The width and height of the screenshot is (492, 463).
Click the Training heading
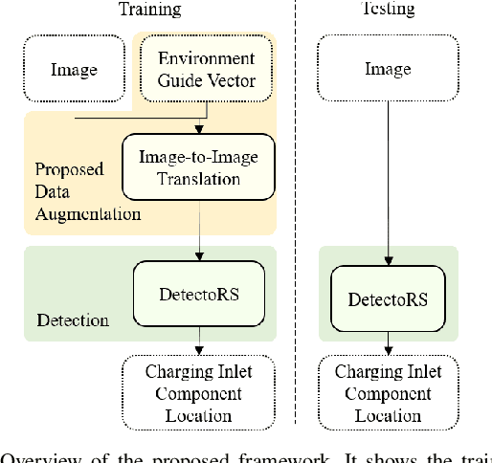(148, 10)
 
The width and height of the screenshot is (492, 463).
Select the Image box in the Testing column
(388, 70)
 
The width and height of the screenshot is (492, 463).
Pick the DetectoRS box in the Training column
(199, 292)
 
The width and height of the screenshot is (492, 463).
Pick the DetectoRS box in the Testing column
(388, 299)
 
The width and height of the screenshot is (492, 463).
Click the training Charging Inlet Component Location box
(199, 392)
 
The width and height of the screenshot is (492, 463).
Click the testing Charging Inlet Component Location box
(388, 392)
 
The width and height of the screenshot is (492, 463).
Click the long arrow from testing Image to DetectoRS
(388, 182)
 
